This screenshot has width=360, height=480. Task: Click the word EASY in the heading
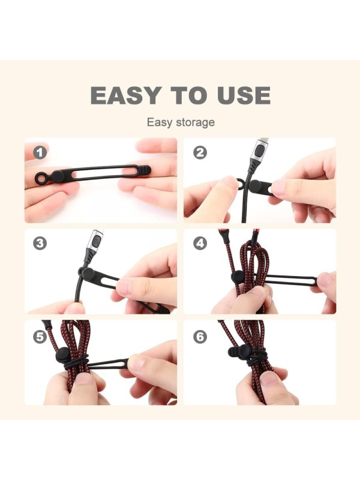click(x=126, y=95)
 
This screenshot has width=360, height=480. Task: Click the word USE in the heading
click(x=244, y=95)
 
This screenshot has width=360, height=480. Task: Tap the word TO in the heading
click(x=189, y=95)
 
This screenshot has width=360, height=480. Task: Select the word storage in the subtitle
click(x=196, y=122)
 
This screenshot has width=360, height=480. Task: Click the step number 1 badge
click(x=40, y=152)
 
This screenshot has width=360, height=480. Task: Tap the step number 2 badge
click(x=200, y=152)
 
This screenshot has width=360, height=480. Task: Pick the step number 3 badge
click(x=40, y=244)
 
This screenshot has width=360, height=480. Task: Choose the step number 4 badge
click(x=200, y=244)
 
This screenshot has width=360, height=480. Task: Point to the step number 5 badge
click(x=40, y=337)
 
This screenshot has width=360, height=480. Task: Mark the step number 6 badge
click(x=200, y=337)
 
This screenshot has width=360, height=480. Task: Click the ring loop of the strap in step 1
click(x=40, y=178)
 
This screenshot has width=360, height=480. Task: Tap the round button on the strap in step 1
click(x=58, y=176)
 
